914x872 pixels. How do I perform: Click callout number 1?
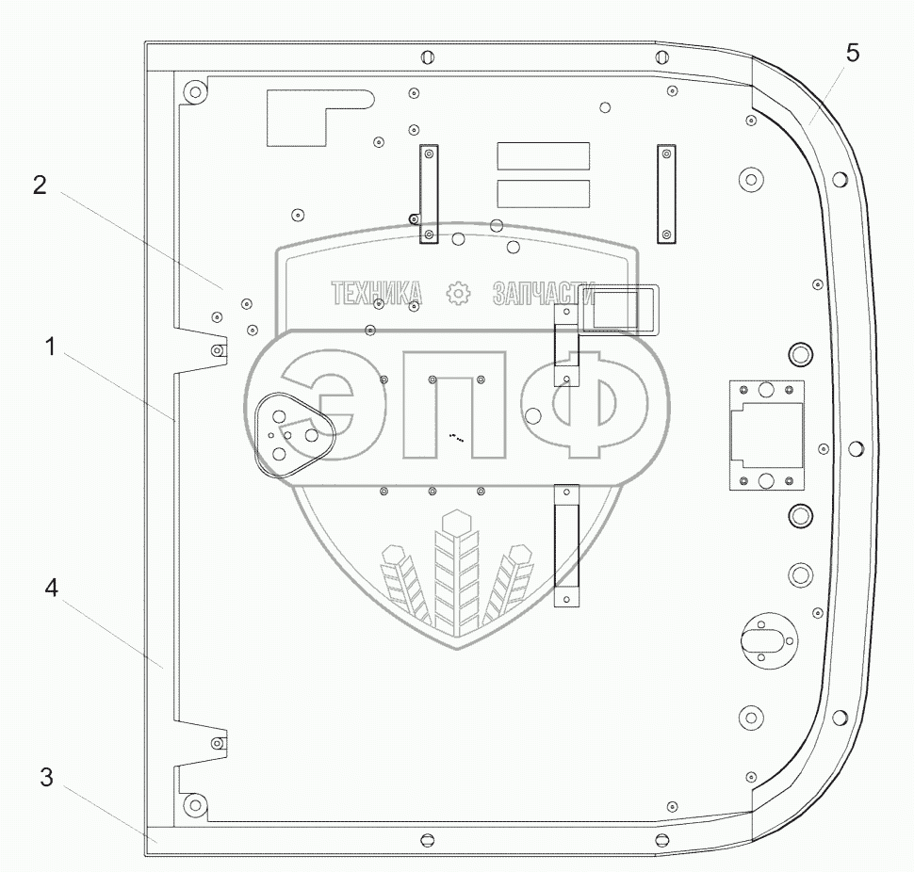(x=52, y=347)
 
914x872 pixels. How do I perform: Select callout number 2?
(x=40, y=186)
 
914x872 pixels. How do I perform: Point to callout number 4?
(x=52, y=589)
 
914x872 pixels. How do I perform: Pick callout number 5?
(x=852, y=54)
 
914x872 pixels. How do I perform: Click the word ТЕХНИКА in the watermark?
(x=377, y=295)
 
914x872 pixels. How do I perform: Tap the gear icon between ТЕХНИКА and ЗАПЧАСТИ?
(x=459, y=294)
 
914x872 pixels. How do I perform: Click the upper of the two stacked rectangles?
(x=543, y=156)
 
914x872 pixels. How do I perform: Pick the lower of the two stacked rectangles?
(x=543, y=193)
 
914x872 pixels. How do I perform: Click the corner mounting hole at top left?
(x=194, y=92)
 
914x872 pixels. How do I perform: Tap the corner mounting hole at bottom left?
(x=194, y=805)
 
